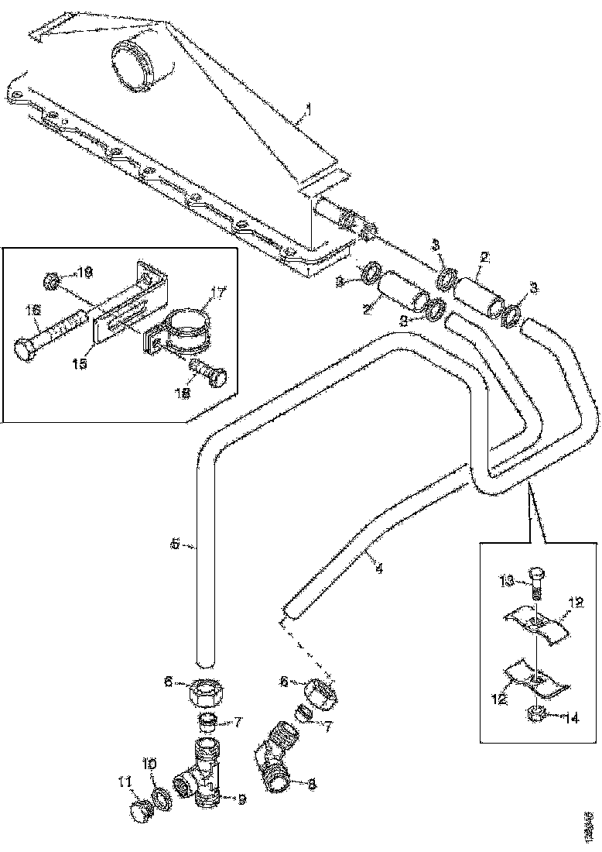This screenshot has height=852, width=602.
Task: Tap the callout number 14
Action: coord(570,718)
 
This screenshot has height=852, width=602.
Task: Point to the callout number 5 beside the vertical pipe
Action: coord(175,545)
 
